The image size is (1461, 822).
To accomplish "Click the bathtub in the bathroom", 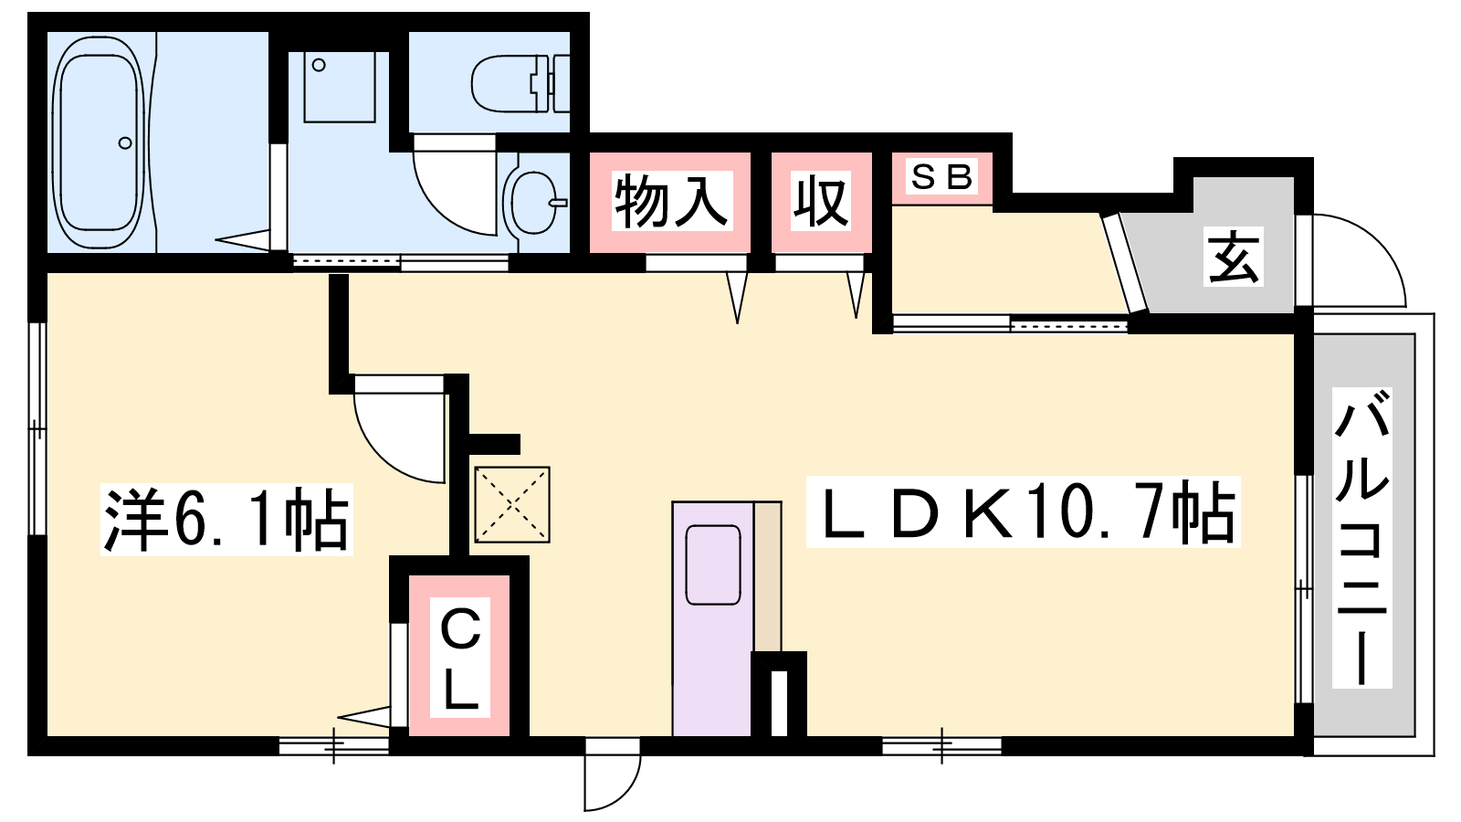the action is [x=100, y=142].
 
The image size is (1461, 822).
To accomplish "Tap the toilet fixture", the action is [x=520, y=83].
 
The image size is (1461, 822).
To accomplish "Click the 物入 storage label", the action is [x=671, y=200].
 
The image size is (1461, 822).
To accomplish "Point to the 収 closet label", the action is [x=821, y=200].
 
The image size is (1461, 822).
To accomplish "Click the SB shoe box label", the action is [x=941, y=176].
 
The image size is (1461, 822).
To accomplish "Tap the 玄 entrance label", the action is [x=1233, y=257].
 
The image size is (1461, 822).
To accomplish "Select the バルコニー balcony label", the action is [x=1361, y=538].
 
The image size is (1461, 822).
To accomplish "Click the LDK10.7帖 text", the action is [x=1023, y=511].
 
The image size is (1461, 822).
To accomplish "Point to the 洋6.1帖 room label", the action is [x=226, y=520].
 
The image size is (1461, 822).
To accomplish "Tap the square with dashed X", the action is [x=512, y=504].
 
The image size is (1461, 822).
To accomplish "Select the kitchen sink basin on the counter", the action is [x=713, y=564].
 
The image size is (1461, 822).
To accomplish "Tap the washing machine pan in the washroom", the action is [x=340, y=87].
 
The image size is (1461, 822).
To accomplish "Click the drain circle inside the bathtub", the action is [x=124, y=142].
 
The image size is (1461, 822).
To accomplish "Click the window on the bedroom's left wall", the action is [x=37, y=428].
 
